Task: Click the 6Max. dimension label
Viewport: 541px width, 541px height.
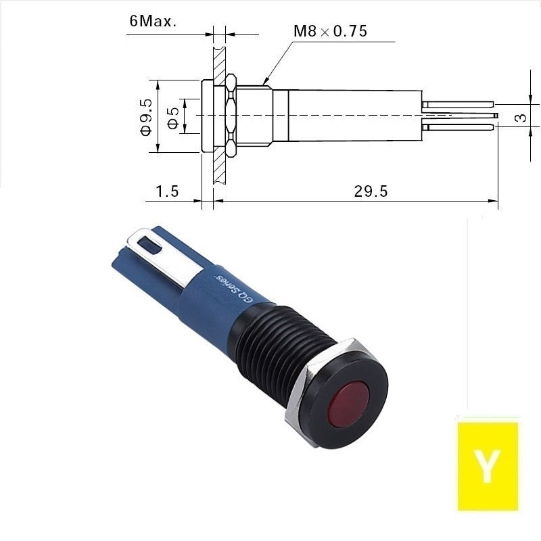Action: (153, 21)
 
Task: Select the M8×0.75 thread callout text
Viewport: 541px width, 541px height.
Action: (330, 31)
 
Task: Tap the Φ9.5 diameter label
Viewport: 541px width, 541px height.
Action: (146, 117)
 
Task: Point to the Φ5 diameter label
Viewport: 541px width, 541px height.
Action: (174, 118)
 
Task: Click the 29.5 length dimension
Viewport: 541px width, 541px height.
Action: (371, 191)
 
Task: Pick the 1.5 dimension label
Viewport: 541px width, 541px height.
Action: (167, 191)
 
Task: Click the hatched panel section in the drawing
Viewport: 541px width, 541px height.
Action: (219, 115)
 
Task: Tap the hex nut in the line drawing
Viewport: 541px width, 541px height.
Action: (231, 115)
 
